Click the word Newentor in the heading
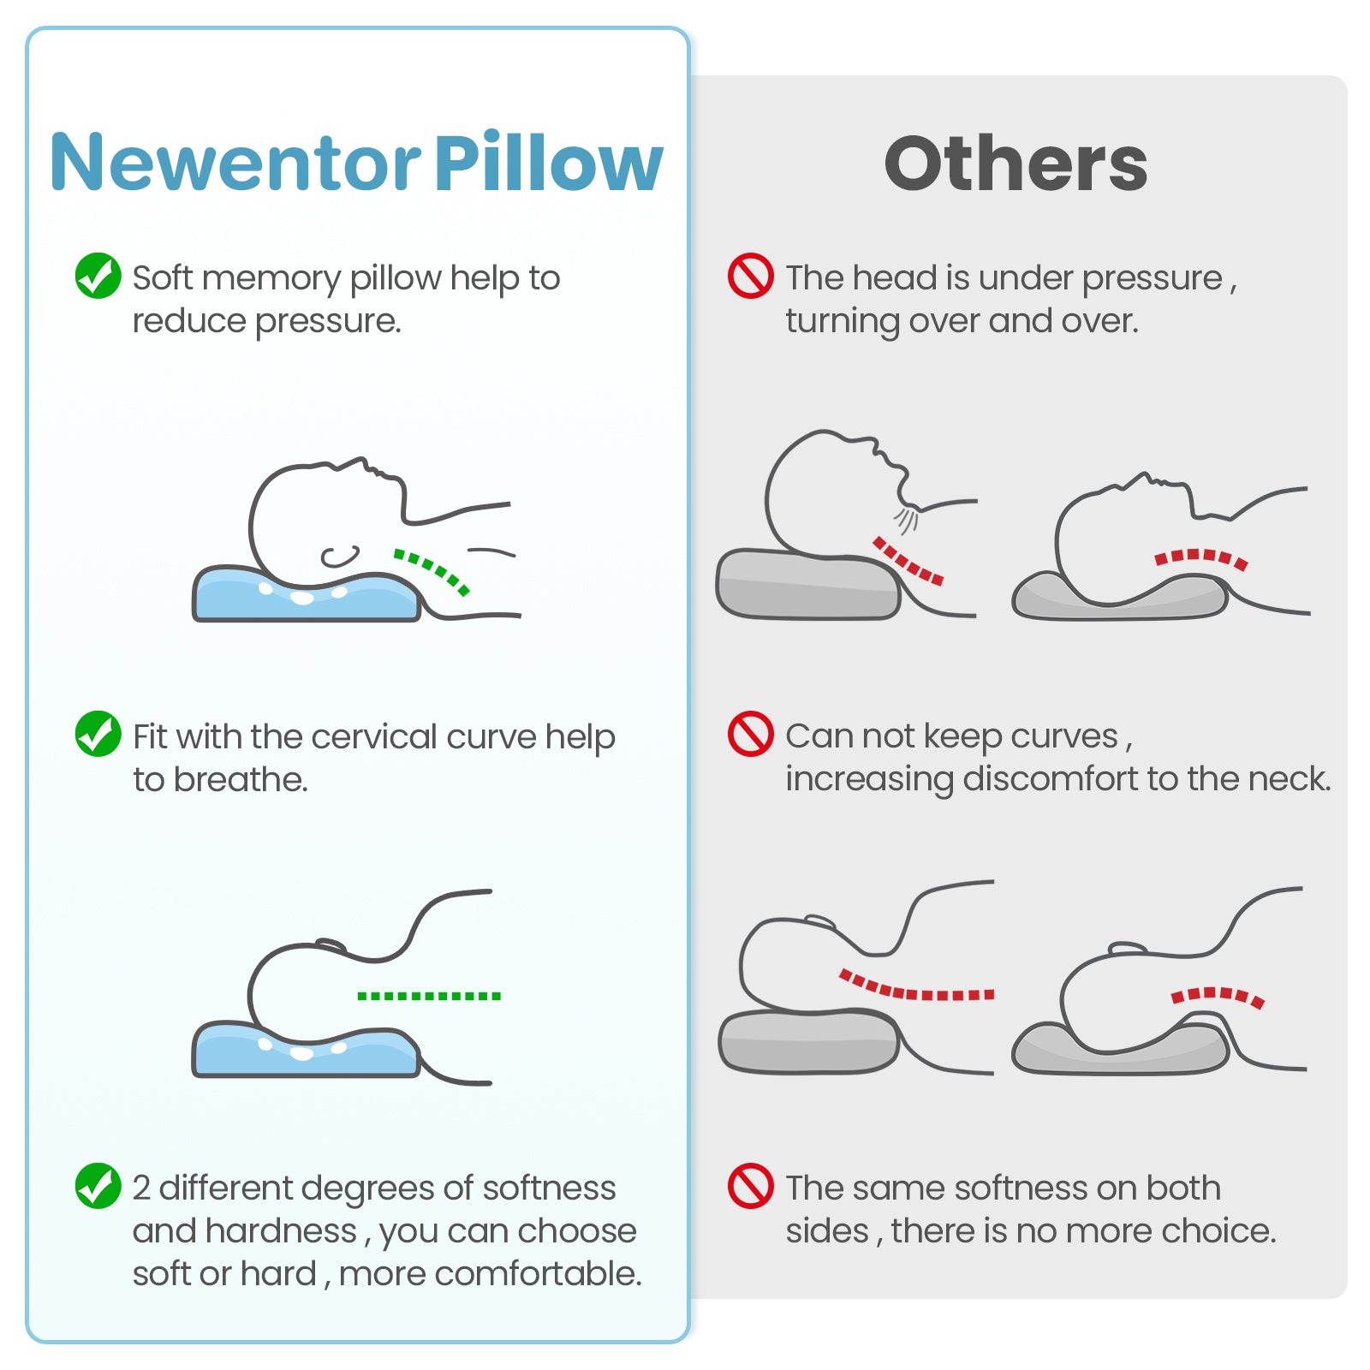tap(235, 163)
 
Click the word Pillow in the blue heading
tap(548, 163)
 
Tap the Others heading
tap(1016, 164)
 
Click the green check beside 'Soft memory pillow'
tap(98, 276)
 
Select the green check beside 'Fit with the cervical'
tap(98, 734)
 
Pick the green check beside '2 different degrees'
tap(98, 1186)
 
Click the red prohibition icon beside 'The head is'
tap(750, 276)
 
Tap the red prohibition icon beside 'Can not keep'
tap(750, 734)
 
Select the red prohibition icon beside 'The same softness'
tap(750, 1186)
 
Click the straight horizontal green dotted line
tap(428, 996)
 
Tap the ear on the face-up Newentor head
tap(340, 557)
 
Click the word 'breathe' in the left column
tap(240, 779)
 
